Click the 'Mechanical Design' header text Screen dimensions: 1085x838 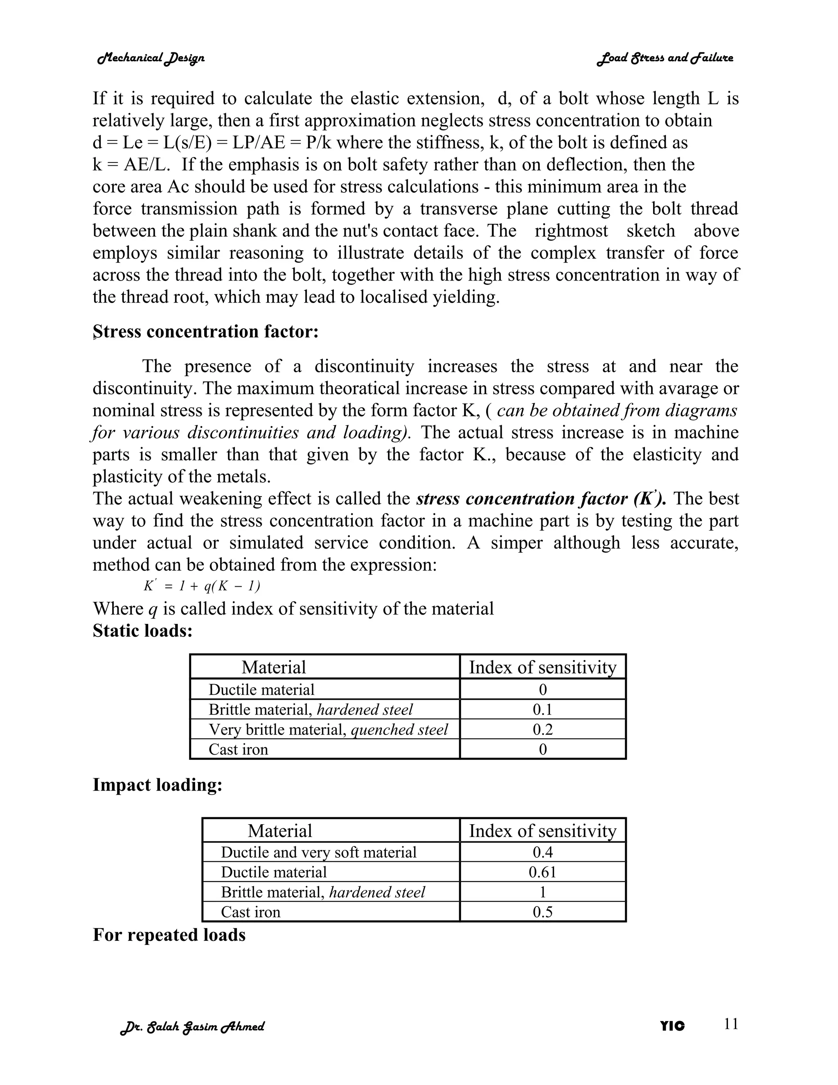pyautogui.click(x=151, y=58)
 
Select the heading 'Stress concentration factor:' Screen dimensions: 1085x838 pyautogui.click(x=205, y=331)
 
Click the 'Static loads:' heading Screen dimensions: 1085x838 pyautogui.click(x=142, y=631)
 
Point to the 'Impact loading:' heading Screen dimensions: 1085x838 pyautogui.click(x=158, y=785)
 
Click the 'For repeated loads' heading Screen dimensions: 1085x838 pyautogui.click(x=169, y=935)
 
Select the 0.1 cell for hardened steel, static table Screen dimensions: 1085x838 pyautogui.click(x=542, y=710)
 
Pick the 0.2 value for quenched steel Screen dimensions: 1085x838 pyautogui.click(x=542, y=729)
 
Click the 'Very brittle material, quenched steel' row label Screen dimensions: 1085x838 pyautogui.click(x=328, y=729)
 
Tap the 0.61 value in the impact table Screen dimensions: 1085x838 pyautogui.click(x=542, y=872)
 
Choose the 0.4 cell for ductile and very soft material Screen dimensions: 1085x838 pyautogui.click(x=542, y=852)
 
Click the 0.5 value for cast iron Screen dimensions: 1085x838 pyautogui.click(x=542, y=912)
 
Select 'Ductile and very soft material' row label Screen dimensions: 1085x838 pyautogui.click(x=318, y=852)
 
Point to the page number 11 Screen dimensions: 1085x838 pyautogui.click(x=731, y=1024)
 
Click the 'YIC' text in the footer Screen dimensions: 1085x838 pyautogui.click(x=672, y=1026)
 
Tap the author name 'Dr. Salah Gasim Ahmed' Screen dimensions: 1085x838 pyautogui.click(x=192, y=1026)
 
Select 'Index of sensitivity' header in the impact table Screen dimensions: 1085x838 pyautogui.click(x=542, y=831)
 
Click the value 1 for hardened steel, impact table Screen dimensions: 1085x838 pyautogui.click(x=542, y=892)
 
